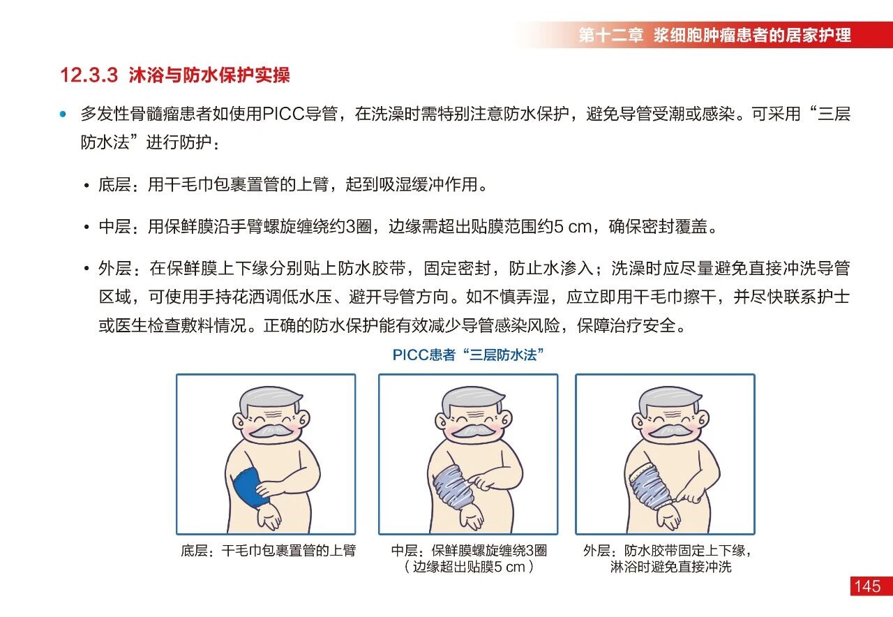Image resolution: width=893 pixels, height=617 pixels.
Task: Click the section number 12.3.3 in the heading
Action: coord(89,75)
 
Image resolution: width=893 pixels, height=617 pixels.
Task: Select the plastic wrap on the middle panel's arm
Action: coord(451,486)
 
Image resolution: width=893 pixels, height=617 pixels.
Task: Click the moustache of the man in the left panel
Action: coord(271,431)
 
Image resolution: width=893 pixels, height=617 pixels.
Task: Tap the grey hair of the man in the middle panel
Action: coord(472,400)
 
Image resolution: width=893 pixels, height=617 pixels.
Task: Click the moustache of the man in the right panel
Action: coord(669,431)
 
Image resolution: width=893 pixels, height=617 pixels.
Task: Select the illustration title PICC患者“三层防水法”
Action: coord(468,355)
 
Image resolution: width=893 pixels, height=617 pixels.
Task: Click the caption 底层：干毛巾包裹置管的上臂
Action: coord(269,551)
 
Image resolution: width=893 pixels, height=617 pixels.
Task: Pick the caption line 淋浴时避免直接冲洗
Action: coord(670,567)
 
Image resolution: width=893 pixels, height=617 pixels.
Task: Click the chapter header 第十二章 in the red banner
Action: coord(610,35)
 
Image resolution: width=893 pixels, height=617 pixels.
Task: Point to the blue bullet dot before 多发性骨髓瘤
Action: coord(63,114)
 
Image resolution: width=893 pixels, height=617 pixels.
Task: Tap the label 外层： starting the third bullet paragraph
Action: coord(119,269)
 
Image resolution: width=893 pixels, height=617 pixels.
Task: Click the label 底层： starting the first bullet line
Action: coord(119,185)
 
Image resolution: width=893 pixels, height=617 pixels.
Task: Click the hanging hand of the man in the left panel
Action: coord(269,519)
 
